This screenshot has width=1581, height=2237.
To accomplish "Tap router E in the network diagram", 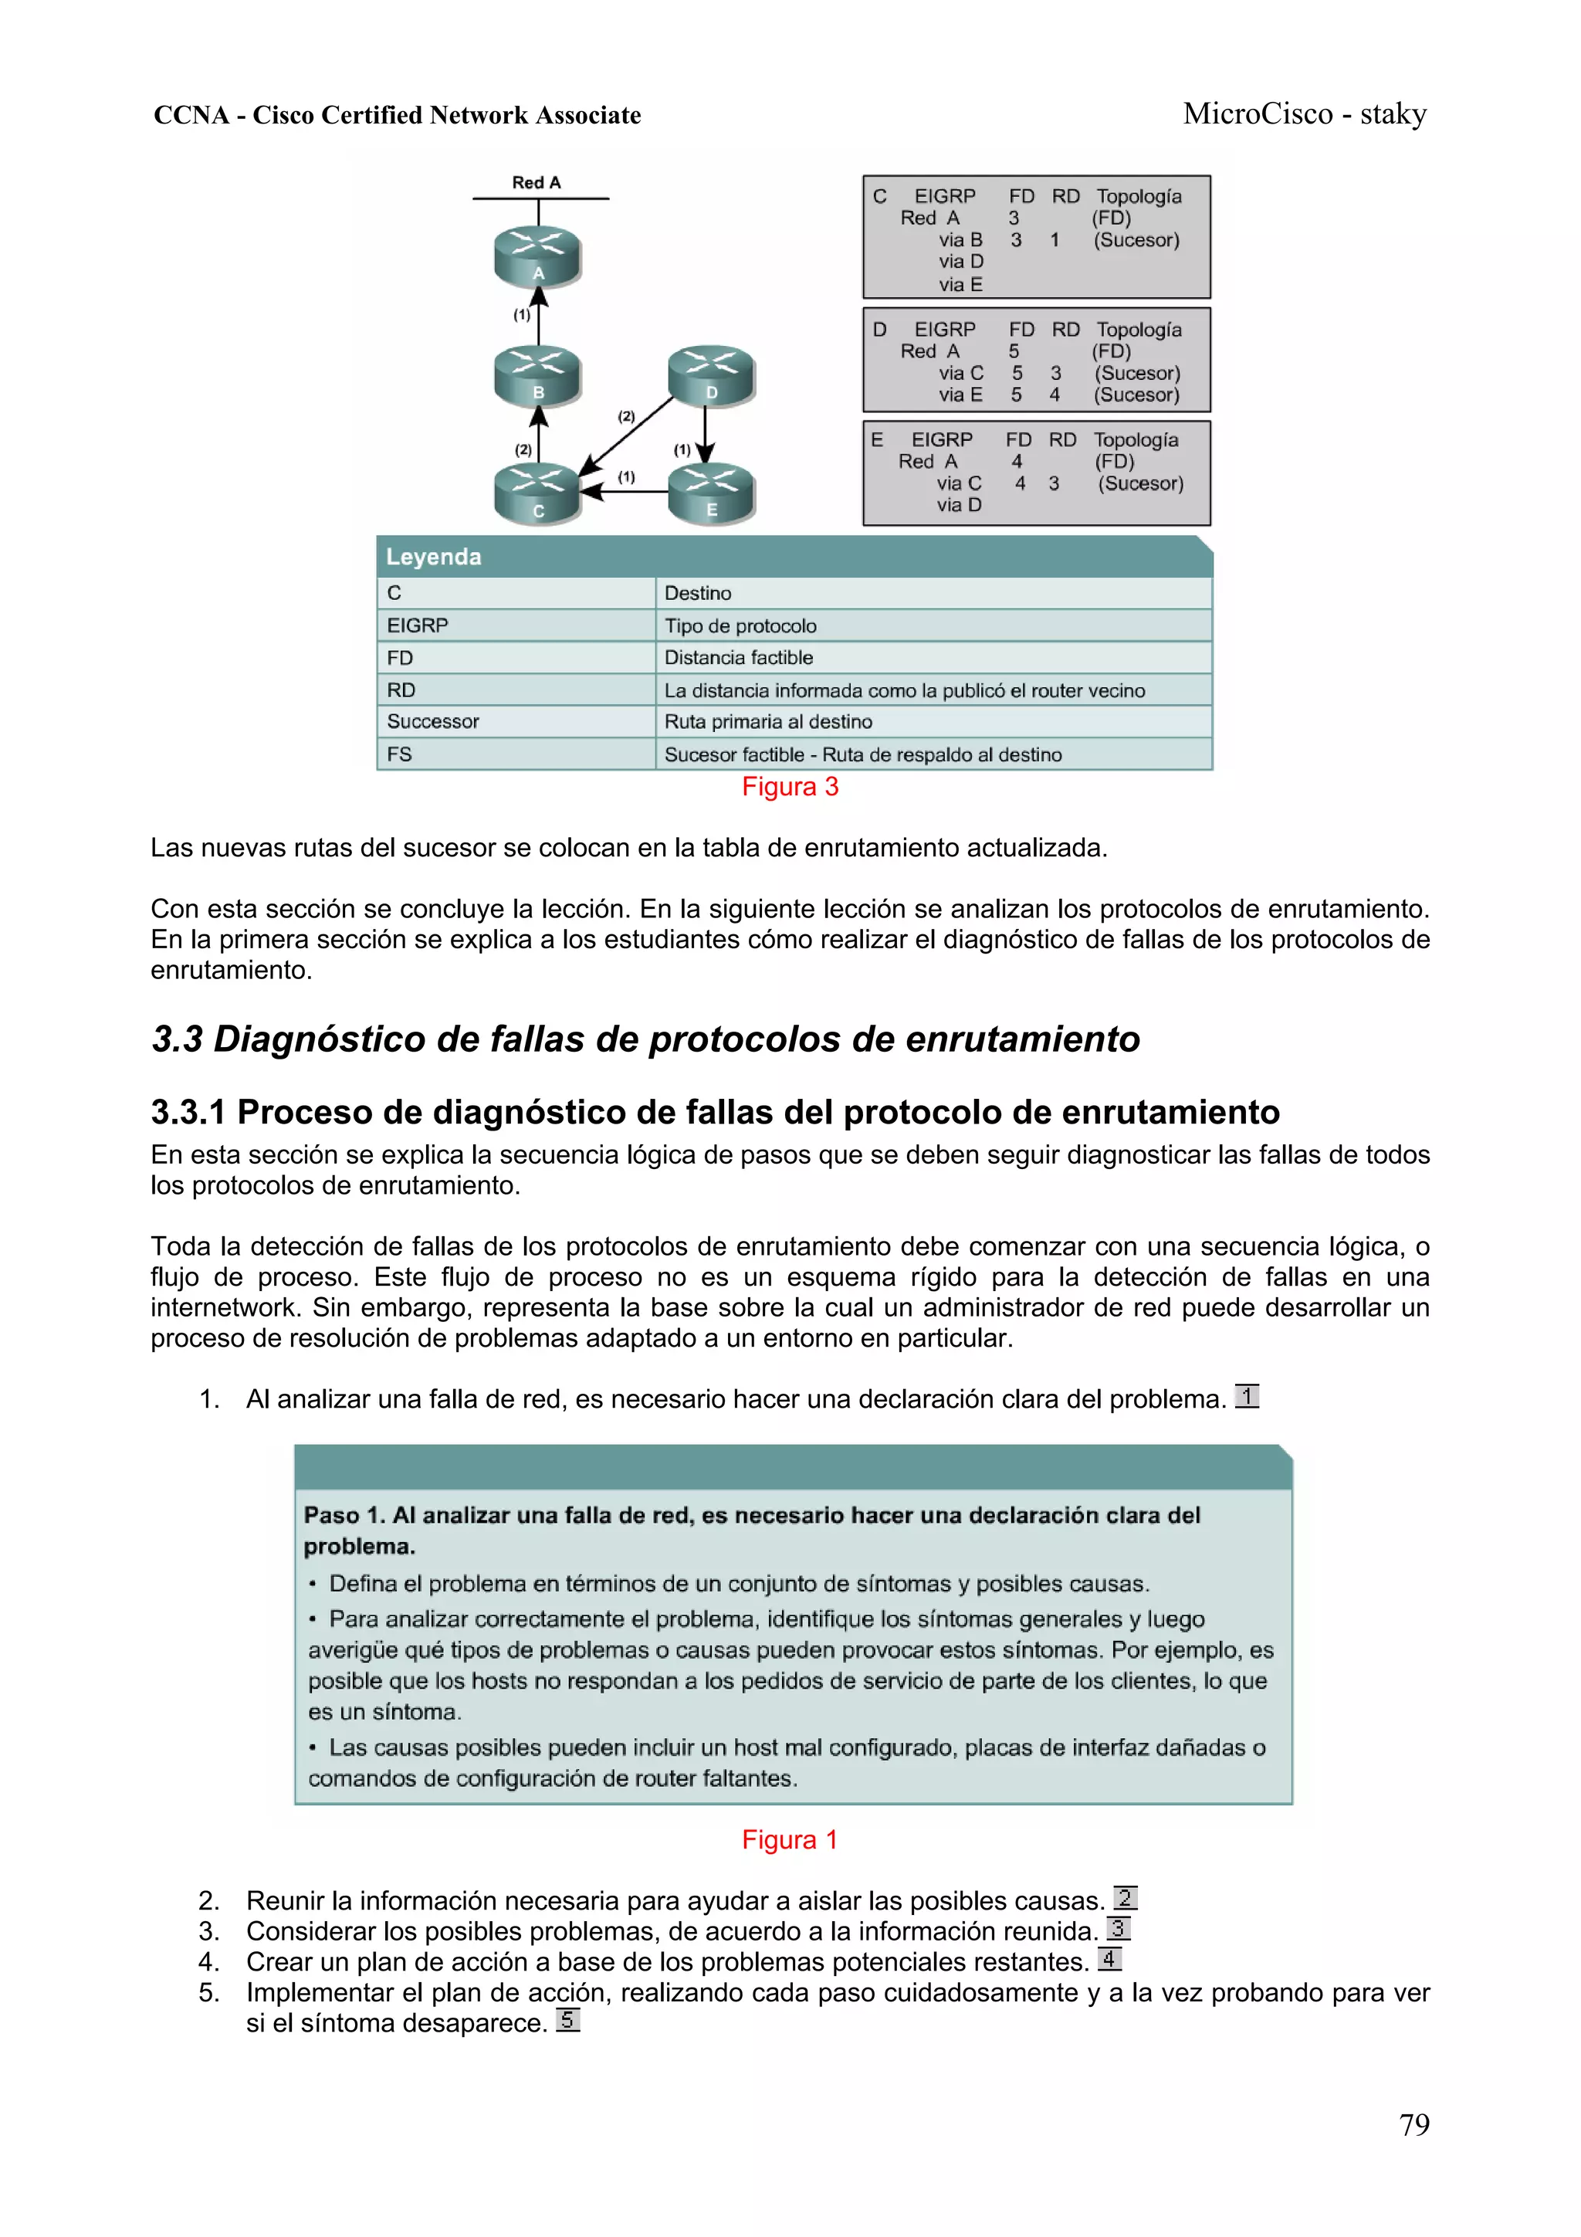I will coord(711,493).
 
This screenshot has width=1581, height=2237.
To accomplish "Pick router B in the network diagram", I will coord(538,375).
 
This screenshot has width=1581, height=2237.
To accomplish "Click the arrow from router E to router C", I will coord(625,492).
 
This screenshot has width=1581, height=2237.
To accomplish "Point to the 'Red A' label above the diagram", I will coord(537,182).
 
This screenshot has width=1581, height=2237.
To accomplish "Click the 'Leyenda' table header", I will coord(434,556).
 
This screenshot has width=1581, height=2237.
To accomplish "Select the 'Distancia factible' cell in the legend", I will coord(738,658).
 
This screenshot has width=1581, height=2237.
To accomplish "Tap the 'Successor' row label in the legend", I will coord(432,722).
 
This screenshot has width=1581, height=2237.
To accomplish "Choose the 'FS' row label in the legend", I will coord(399,754).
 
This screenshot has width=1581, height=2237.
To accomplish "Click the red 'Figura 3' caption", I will coord(789,788).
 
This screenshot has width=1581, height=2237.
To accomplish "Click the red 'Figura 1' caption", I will coord(789,1839).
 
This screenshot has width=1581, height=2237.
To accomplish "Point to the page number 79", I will coord(1413,2124).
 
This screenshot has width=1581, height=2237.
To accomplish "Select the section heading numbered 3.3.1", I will coord(714,1112).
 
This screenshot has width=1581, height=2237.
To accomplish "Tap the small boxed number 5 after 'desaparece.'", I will coord(568,2020).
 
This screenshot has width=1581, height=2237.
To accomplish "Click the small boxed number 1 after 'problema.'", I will coord(1247,1396).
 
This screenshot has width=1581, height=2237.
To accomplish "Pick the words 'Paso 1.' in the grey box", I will coord(344,1515).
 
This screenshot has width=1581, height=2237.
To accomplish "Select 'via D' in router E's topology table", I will coord(959,505).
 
